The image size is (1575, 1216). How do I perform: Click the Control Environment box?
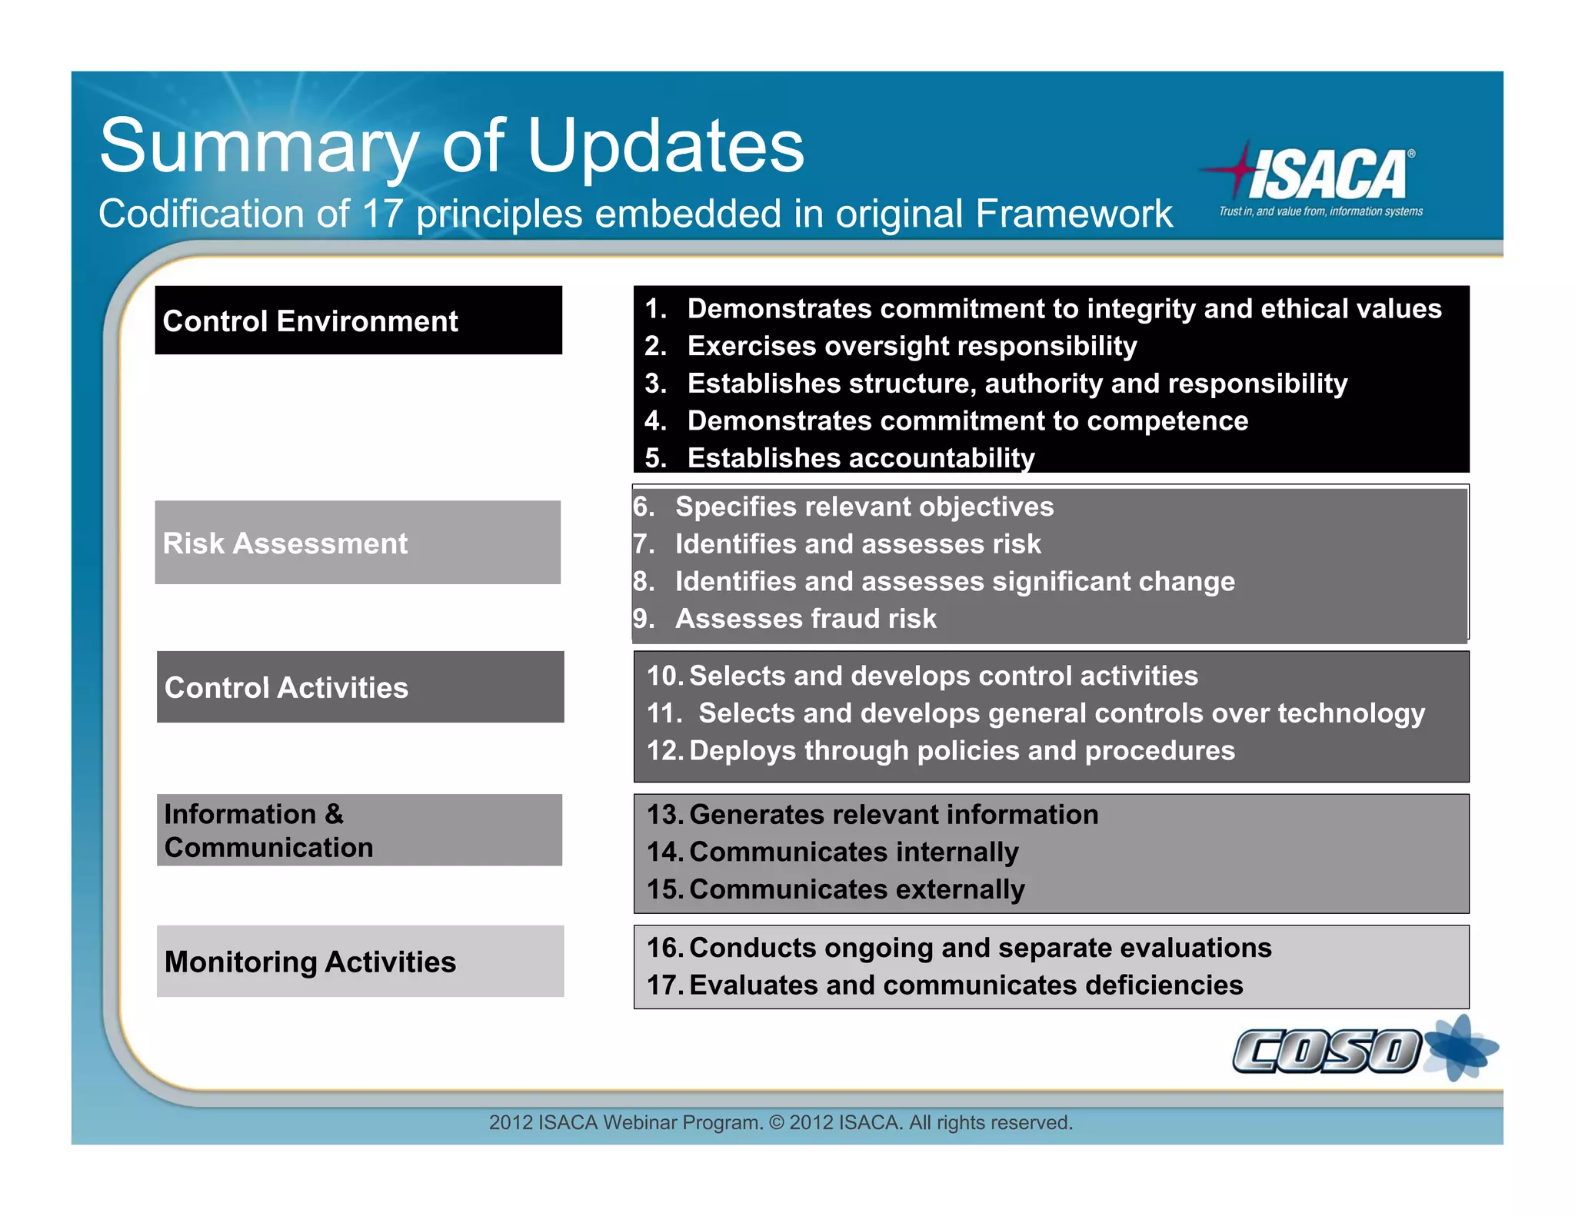358,321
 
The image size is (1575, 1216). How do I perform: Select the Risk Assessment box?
358,543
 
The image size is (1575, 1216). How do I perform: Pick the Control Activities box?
360,687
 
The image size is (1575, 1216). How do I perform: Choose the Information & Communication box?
359,830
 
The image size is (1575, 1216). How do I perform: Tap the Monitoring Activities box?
360,962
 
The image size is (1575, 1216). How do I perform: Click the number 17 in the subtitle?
382,214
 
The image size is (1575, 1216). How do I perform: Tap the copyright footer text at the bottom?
781,1122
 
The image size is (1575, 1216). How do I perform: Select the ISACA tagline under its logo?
1320,211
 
